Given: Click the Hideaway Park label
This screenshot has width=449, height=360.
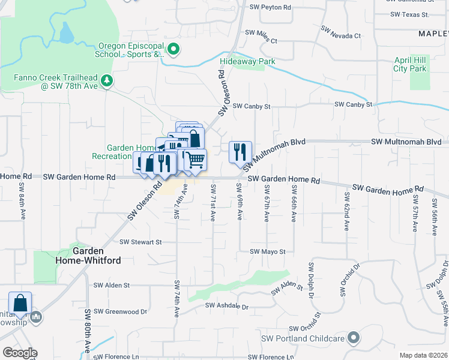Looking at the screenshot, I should [x=247, y=62].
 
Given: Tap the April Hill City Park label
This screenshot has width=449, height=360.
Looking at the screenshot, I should [x=410, y=65].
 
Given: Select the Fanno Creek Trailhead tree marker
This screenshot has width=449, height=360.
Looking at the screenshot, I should [x=107, y=80].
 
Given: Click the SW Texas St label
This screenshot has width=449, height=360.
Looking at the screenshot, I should [x=409, y=14].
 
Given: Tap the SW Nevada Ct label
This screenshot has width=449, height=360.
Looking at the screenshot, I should [x=341, y=36].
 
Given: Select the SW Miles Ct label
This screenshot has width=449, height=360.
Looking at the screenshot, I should [x=261, y=37].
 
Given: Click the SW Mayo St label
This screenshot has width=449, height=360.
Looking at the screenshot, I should [x=267, y=252].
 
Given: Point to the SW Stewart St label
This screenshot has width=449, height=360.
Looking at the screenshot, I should [x=141, y=242].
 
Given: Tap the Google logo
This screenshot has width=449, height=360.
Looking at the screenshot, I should [x=20, y=353].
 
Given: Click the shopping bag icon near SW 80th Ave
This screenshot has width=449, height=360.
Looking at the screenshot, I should [x=20, y=304].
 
